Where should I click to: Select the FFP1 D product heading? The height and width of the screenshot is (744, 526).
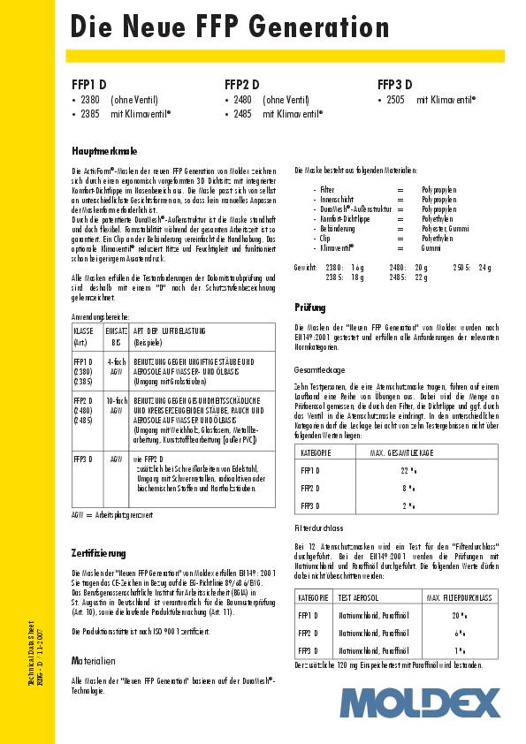point(88,85)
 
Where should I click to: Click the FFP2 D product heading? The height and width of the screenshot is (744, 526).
point(241,85)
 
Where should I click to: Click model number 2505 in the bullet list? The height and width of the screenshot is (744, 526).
point(395,101)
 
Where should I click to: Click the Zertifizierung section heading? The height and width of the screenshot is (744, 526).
point(98,552)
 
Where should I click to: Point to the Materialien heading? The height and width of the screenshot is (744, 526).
point(94,660)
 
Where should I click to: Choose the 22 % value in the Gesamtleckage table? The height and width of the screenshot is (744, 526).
point(408,470)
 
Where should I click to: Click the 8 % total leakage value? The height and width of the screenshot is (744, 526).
point(408,488)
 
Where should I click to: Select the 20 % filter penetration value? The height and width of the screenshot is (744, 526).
point(458,615)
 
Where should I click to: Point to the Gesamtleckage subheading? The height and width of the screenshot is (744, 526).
point(319,369)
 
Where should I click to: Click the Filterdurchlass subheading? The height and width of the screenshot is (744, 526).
point(319,527)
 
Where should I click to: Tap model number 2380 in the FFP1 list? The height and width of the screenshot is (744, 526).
point(89,101)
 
